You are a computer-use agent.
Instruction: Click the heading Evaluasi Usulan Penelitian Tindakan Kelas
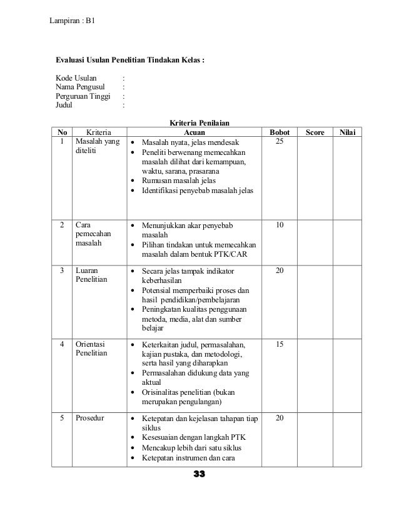coord(130,61)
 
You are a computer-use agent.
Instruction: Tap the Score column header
coord(315,133)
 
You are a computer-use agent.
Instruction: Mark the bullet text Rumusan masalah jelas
coord(179,180)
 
